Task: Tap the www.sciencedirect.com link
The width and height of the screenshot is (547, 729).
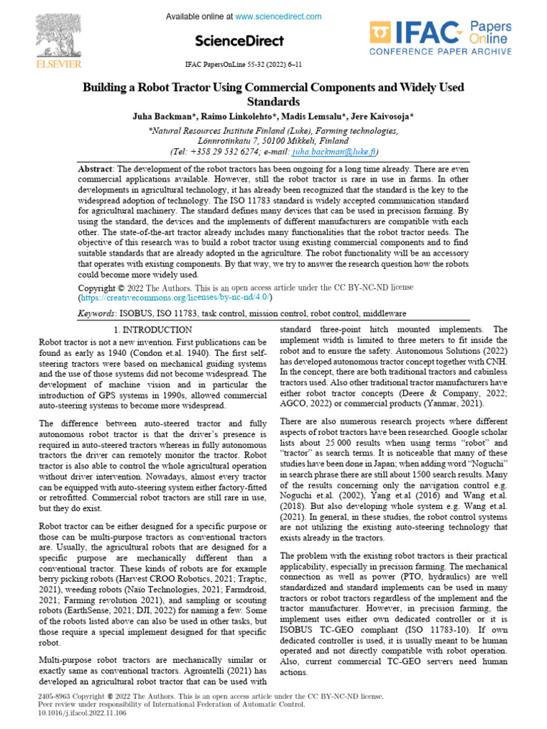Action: click(x=278, y=16)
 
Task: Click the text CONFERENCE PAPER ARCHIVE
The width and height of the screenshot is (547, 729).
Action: click(x=439, y=51)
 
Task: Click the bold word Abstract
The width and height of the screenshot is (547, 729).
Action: click(x=95, y=168)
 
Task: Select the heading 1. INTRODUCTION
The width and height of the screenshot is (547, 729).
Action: click(x=153, y=330)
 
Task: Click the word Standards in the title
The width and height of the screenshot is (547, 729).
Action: click(x=273, y=102)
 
